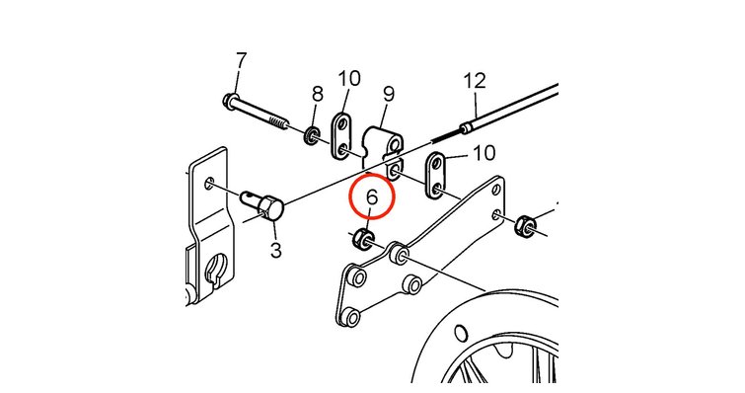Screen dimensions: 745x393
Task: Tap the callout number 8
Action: click(318, 94)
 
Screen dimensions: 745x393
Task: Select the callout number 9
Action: click(389, 94)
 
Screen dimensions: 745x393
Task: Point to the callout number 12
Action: click(476, 80)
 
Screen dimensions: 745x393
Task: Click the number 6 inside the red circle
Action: click(372, 196)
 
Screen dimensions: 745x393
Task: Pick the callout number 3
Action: click(276, 250)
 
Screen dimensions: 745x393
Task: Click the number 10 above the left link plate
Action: click(349, 78)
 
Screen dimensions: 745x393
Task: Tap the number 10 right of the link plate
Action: click(484, 153)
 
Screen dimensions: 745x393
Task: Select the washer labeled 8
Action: click(311, 135)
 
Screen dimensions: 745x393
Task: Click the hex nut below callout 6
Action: click(363, 238)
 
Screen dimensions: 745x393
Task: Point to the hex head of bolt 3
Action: click(271, 209)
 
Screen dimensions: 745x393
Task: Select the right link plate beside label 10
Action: click(436, 176)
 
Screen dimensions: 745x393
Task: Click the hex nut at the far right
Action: click(525, 224)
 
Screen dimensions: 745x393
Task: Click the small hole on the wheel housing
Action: click(461, 333)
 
